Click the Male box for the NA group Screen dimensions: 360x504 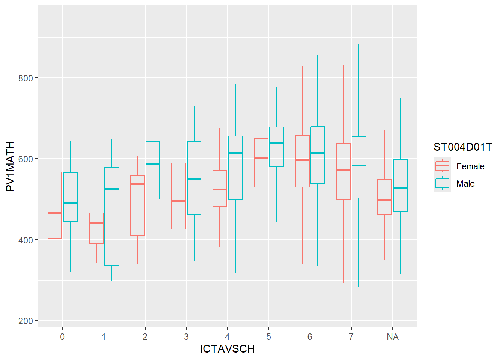[x=400, y=186]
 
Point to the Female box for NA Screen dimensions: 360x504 [x=384, y=197]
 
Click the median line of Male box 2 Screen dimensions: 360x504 [x=153, y=164]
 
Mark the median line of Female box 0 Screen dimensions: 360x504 [x=55, y=213]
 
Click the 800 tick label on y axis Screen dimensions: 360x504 [x=26, y=78]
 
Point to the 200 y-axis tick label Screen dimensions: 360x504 [x=26, y=321]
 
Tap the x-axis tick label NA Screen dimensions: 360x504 [x=392, y=337]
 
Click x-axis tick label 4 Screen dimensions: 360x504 [x=227, y=337]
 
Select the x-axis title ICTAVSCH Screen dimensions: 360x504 [x=227, y=349]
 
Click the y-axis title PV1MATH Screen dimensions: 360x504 [x=10, y=166]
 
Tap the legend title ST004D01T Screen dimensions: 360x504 [x=463, y=147]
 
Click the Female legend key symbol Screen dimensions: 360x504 [x=442, y=166]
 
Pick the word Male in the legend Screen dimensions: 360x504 [x=465, y=184]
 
